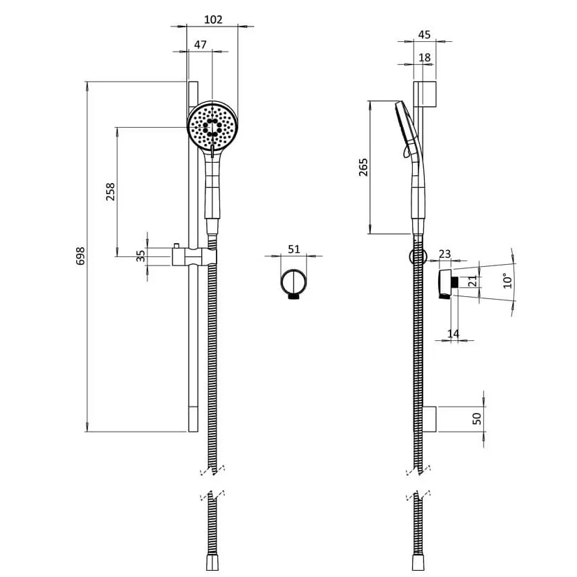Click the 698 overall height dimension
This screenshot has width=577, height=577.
coord(80,256)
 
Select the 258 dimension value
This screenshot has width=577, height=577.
coord(110,191)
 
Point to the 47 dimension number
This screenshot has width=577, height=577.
coord(200,45)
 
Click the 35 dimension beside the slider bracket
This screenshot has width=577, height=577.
coord(141,256)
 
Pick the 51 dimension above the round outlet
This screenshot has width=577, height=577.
coord(294,249)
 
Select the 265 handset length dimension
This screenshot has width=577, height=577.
coord(363,167)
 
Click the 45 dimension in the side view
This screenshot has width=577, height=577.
coord(424,35)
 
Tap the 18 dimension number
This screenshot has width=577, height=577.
coord(424,57)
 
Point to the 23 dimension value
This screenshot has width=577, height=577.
coord(446,254)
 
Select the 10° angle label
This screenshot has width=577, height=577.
coord(508,281)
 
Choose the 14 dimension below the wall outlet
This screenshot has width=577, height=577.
coord(453,334)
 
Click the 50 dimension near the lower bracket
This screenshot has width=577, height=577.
coord(477,418)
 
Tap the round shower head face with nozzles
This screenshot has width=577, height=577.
coord(212,126)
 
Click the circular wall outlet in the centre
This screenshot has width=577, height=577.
coord(294,284)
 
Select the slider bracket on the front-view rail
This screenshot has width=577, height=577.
coord(193,256)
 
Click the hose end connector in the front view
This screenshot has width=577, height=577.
coord(211,563)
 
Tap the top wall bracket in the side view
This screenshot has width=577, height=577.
coord(428,94)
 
